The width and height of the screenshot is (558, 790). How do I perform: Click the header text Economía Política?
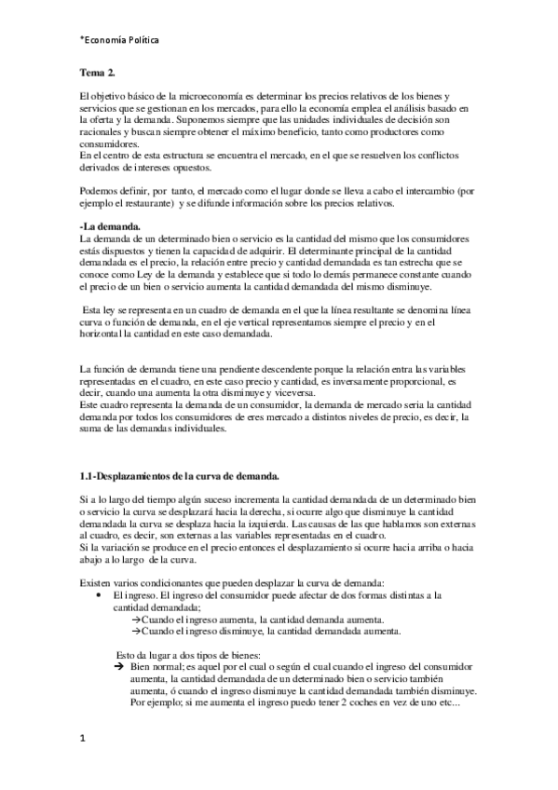pos(120,40)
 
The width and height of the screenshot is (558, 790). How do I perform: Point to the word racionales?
pos(101,132)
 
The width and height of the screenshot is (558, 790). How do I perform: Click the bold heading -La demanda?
pos(112,227)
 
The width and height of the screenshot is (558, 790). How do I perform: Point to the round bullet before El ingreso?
pos(98,593)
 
